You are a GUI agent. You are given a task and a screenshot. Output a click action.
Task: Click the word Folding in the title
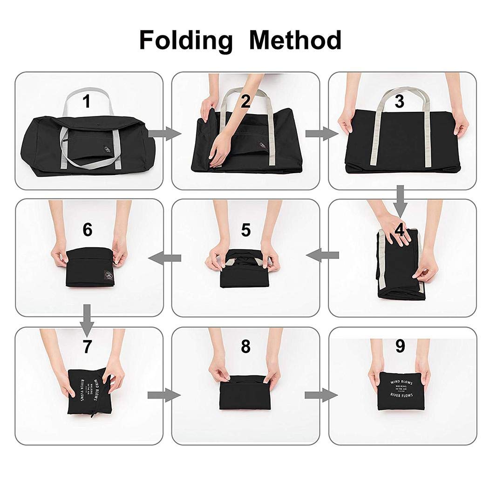coord(185,41)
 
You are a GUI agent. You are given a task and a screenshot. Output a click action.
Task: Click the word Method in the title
coord(295,40)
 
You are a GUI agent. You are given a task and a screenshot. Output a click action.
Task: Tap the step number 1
coord(86,102)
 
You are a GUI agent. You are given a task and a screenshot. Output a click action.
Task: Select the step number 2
coord(245,102)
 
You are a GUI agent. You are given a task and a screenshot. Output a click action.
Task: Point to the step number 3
coord(399,102)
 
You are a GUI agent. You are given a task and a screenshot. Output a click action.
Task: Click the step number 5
coord(245,230)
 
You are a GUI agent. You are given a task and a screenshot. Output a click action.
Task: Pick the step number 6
coord(87,230)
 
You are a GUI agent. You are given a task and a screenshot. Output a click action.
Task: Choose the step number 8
coord(245,346)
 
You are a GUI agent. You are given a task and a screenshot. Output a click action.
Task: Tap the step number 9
coord(400,346)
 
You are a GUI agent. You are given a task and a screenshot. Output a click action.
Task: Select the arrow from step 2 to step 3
coord(321,134)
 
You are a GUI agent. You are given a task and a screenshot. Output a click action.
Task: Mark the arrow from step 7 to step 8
coord(164,395)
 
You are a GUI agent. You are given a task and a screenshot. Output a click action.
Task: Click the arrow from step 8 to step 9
coord(321,395)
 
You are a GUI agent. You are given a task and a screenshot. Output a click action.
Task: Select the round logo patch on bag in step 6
coord(108,275)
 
